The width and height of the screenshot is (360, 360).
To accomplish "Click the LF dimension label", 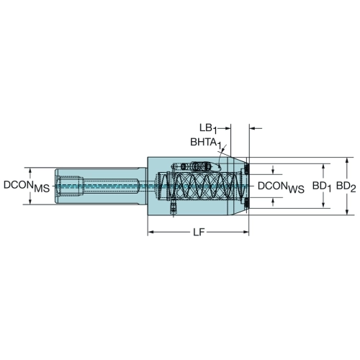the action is tap(199, 232).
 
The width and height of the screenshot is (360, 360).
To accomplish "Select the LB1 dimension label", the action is tap(208, 128).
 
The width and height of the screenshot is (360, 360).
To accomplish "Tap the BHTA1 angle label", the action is tap(205, 143).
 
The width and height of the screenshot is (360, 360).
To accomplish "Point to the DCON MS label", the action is tap(27, 186).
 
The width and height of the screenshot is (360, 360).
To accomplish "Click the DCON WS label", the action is tap(281, 186).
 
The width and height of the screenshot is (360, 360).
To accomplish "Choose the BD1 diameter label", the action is tap(322, 186).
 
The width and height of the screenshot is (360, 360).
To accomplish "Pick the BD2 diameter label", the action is tap(346, 186).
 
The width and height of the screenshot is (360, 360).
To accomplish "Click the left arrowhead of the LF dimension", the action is tap(150, 232).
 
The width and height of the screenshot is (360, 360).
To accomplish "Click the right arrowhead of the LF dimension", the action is tap(246, 232).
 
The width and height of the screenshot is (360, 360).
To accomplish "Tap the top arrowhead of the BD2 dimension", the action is tap(346, 161).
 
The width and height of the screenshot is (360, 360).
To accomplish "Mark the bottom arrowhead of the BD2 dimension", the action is tap(346, 212).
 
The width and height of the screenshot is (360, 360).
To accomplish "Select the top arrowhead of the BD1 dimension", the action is tap(323, 167).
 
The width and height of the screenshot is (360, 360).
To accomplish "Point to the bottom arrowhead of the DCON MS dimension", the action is tap(30, 202).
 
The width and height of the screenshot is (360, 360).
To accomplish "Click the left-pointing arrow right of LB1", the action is tap(256, 128).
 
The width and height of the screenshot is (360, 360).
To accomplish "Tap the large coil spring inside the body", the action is tap(202, 186).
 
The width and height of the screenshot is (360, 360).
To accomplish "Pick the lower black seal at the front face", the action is tap(246, 203).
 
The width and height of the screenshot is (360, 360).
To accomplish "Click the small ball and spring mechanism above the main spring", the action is tap(197, 166).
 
